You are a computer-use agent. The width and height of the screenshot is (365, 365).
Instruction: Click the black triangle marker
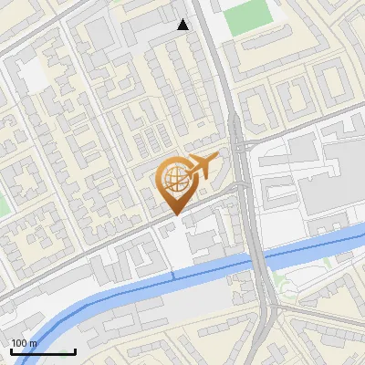(183, 25)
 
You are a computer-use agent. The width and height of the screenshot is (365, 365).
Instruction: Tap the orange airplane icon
(203, 165)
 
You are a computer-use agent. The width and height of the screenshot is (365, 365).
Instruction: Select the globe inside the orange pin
(173, 180)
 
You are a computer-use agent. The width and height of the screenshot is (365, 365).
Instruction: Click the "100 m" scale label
(24, 343)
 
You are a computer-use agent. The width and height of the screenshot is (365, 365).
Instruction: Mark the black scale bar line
(43, 351)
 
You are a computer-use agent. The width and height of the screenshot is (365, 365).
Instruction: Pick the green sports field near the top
(244, 16)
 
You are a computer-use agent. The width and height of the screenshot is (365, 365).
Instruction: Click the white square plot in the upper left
(34, 77)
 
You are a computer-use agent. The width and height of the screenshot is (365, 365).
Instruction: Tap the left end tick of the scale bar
(11, 350)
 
